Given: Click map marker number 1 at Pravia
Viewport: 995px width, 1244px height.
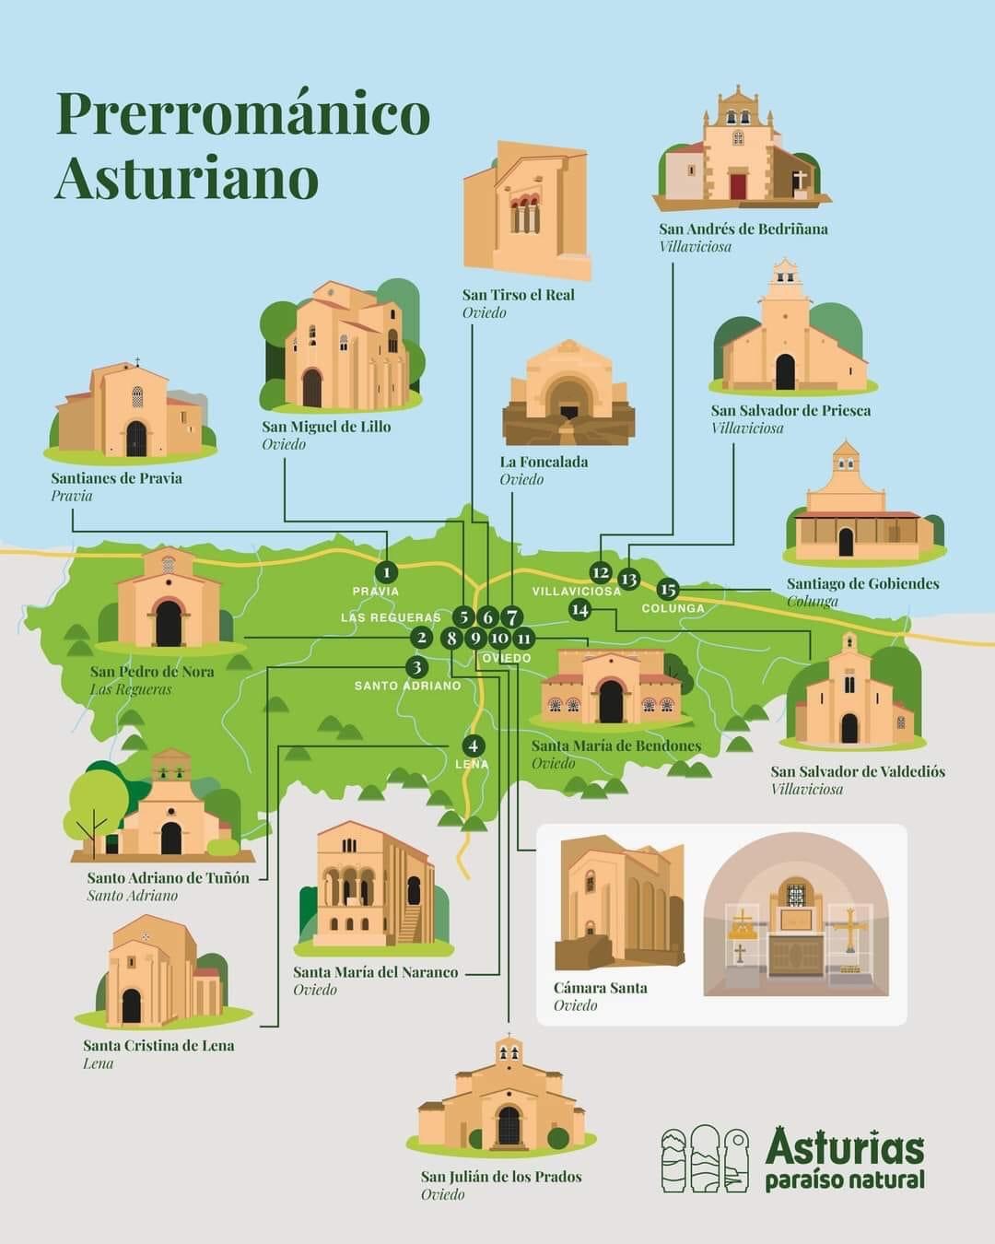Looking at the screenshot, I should click(x=387, y=573).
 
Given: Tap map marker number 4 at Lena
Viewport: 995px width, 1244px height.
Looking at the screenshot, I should click(x=473, y=745).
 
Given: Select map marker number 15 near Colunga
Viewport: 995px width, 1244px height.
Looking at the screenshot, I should click(x=668, y=590).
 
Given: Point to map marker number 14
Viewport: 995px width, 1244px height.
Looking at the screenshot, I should click(x=579, y=609).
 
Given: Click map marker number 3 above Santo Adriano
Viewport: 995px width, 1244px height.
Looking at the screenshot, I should click(x=416, y=667).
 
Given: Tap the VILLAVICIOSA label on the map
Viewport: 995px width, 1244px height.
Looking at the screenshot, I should click(x=577, y=591).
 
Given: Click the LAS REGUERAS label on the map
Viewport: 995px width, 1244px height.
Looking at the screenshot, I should click(x=391, y=617).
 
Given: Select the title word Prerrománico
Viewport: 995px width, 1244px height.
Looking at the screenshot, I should click(x=243, y=113).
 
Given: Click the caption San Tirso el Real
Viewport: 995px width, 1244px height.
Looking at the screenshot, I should click(x=518, y=295).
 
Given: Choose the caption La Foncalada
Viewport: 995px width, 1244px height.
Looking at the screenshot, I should click(x=544, y=462).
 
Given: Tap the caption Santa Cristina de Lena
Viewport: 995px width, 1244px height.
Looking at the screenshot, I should click(x=158, y=1045).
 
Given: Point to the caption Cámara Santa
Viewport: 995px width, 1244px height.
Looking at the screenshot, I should click(x=600, y=988).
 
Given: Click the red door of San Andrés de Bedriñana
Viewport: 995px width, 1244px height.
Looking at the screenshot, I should click(x=738, y=185).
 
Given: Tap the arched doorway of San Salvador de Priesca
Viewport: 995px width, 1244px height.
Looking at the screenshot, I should click(x=785, y=372).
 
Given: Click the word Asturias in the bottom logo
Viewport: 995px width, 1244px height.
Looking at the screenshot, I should click(x=844, y=1148).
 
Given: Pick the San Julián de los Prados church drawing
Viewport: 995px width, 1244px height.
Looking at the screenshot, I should click(x=503, y=1101).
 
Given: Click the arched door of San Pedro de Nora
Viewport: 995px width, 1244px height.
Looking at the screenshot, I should click(x=169, y=624).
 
